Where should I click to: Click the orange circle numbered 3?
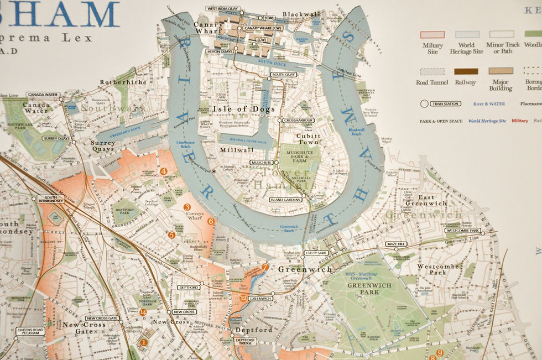tap(187, 207)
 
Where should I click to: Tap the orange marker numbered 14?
tap(143, 312)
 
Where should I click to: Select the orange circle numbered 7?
tap(265, 267)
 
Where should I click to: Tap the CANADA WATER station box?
tap(43, 95)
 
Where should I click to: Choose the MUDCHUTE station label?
tap(260, 163)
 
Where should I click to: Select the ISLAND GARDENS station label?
tap(285, 200)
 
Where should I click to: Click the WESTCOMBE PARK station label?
tap(462, 231)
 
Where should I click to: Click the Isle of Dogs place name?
tap(244, 109)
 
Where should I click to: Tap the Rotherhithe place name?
tap(123, 82)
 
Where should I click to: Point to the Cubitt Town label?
tap(308, 138)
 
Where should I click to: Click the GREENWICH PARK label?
tap(362, 288)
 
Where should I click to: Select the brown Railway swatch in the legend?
tap(466, 71)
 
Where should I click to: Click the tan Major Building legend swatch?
tap(500, 71)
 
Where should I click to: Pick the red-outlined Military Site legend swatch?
tap(432, 34)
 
